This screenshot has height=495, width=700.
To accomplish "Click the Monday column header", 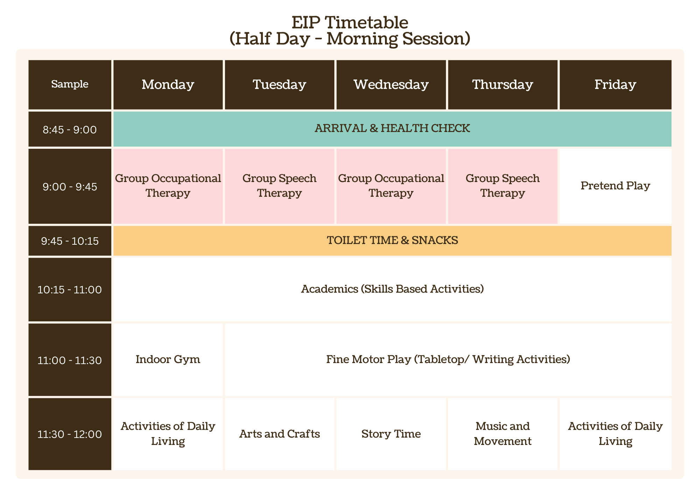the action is point(168,85).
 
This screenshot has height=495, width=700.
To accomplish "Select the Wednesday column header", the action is point(391,85).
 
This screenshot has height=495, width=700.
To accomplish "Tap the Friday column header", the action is point(615,85).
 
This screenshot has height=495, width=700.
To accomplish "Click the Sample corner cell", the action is point(70,85).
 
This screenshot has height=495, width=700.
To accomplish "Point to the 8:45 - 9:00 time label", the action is point(70,130).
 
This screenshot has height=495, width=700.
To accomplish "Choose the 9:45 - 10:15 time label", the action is point(70,241).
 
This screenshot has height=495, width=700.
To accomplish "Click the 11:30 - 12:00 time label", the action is point(70,434).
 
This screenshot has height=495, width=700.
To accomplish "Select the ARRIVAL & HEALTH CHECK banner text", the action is point(392,128).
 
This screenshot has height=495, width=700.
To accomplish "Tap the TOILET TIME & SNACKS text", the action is point(392,240).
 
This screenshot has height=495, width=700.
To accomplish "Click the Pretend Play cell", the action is point(615,186).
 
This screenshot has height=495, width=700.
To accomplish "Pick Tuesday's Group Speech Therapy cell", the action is point(279,186).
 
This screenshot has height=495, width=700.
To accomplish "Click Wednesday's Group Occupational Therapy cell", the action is point(391,186).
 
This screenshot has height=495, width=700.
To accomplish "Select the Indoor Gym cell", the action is point(168,360).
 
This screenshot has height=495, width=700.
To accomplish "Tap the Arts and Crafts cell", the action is point(279,434).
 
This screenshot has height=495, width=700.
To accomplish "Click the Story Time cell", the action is point(391,434).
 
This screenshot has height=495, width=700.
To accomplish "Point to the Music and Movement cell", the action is point(503,434).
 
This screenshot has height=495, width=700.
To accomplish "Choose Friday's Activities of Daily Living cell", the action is point(615,434).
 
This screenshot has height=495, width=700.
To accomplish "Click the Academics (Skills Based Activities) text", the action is point(392,289).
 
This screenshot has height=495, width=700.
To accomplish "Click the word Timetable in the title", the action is point(366,23).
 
